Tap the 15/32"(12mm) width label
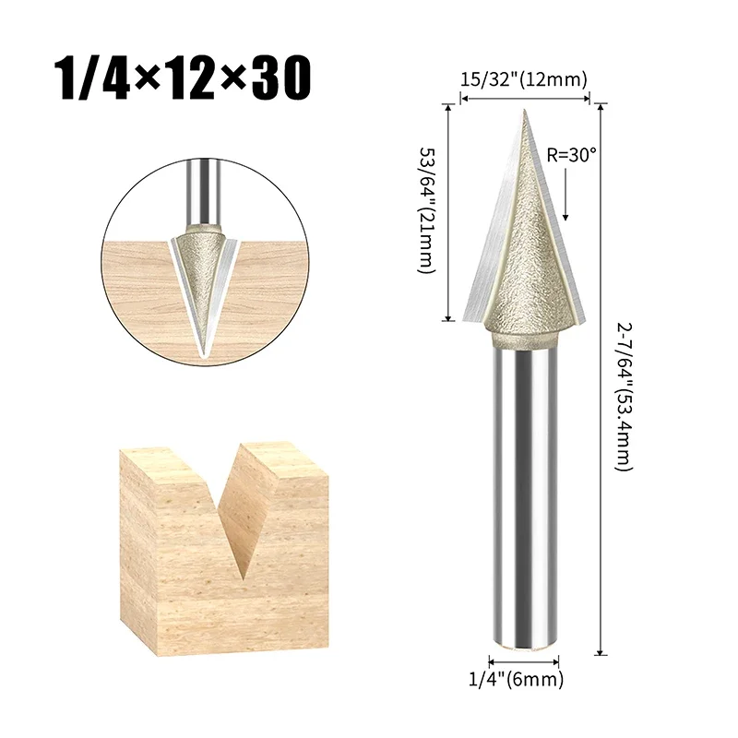coord(523,80)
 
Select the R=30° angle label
coord(572,155)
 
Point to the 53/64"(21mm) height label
coord(427,211)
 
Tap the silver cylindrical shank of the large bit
coord(524,498)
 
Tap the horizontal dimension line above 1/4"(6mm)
coord(524,662)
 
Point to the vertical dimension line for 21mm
coord(449,211)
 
